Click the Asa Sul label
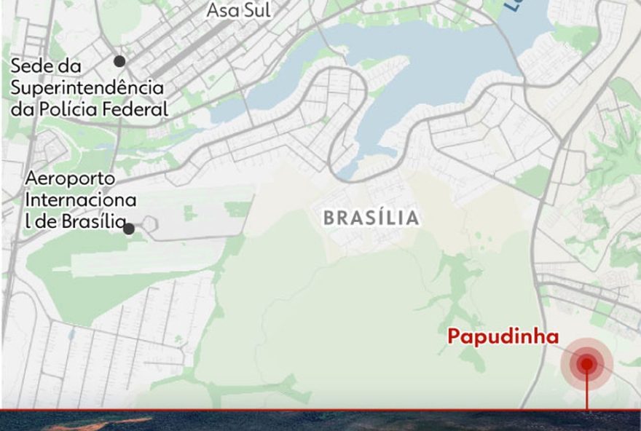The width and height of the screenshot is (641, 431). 238,10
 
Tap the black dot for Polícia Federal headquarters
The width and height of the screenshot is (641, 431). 119,61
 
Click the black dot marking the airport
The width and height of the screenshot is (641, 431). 129,229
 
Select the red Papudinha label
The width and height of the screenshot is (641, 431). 503,336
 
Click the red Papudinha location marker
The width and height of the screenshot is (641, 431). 586,363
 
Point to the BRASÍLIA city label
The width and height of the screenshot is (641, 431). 371,218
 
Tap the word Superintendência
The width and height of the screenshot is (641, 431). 87,88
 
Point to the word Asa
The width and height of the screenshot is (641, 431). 220,10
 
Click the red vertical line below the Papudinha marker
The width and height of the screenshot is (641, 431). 587,396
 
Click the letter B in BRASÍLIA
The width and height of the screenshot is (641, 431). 329,218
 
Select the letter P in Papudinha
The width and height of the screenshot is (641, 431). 453,336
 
